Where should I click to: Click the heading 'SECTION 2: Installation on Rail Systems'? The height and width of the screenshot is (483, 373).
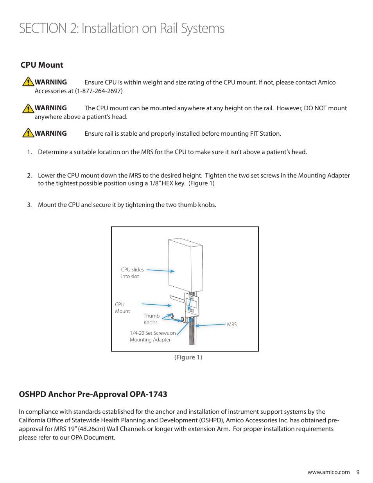(x=122, y=29)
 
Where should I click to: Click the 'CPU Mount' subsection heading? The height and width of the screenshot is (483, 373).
(x=42, y=65)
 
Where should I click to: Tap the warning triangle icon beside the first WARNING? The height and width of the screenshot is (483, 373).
(x=28, y=82)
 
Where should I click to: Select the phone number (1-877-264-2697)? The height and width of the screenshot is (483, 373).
(x=99, y=91)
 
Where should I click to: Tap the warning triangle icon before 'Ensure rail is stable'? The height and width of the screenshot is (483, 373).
(x=28, y=133)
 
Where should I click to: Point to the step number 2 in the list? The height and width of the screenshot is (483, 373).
(x=29, y=175)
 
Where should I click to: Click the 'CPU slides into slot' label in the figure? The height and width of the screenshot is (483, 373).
(x=132, y=273)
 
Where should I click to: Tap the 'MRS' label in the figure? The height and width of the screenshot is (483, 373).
(x=232, y=325)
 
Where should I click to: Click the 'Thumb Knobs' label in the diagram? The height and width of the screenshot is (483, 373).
(x=151, y=319)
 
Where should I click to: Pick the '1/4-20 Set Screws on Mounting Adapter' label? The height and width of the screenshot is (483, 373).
(x=152, y=336)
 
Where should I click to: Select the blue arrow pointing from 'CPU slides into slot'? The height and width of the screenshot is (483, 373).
(x=160, y=271)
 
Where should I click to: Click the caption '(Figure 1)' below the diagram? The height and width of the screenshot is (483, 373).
(x=188, y=357)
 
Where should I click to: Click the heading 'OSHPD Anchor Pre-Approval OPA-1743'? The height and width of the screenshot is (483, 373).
(x=93, y=394)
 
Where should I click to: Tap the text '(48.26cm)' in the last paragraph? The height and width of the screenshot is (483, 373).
(x=92, y=429)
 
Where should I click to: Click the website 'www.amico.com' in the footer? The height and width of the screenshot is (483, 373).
(x=328, y=472)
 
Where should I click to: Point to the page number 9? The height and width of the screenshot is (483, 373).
(x=358, y=472)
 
